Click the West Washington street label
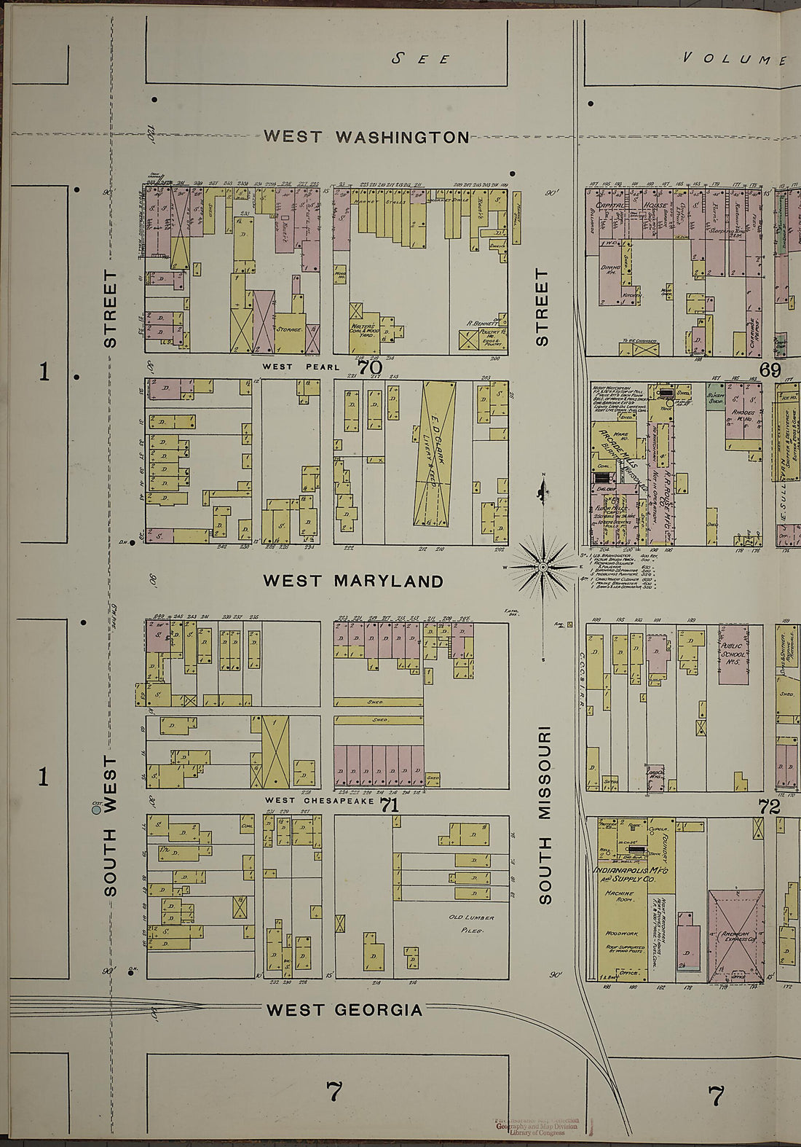point(366,136)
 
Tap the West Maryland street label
point(353,581)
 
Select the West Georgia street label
point(344,1010)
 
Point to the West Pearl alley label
point(301,367)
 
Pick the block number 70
point(369,367)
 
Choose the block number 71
point(390,805)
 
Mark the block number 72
point(768,807)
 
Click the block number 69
point(770,370)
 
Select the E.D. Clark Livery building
point(435,455)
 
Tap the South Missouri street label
point(544,815)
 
